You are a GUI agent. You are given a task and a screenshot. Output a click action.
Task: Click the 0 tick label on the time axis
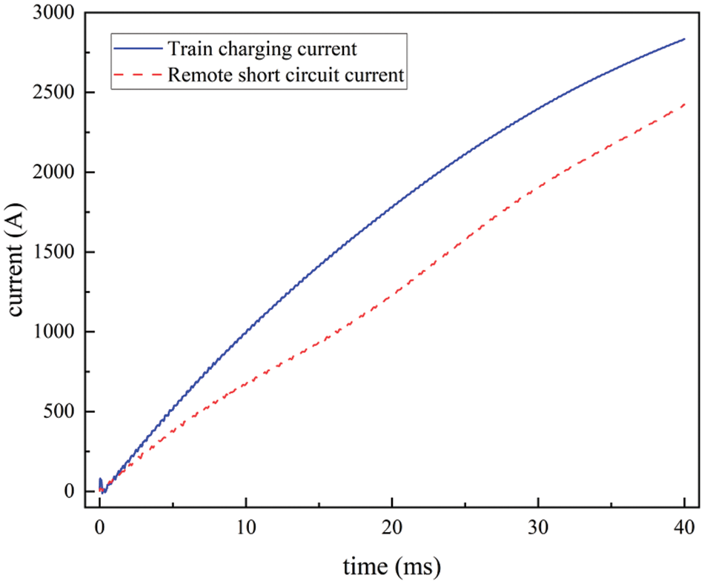click(x=99, y=528)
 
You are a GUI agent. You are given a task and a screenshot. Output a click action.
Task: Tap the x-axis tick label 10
click(x=246, y=528)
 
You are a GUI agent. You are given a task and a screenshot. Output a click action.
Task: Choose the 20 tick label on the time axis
click(x=392, y=528)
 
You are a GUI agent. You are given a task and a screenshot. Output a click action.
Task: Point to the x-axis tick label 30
click(x=539, y=528)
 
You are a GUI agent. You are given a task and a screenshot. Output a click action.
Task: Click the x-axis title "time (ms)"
click(x=392, y=568)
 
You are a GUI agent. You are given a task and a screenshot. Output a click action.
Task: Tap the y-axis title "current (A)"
click(x=18, y=253)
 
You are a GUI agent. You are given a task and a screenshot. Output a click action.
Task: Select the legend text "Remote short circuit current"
click(x=285, y=75)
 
